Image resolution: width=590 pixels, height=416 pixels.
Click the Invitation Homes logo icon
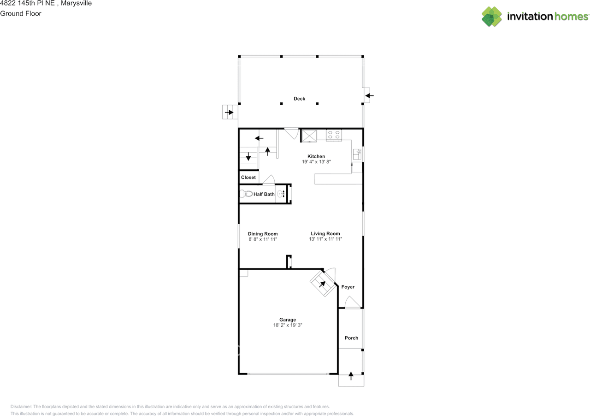pos(491,17)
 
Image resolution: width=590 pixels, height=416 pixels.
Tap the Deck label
pos(300,99)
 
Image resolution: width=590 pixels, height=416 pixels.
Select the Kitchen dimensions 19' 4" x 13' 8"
pos(316,162)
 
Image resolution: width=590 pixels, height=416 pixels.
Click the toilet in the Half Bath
pos(247,194)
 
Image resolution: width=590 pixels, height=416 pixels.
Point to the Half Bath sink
pos(281,194)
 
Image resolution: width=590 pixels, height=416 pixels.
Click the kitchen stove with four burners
pos(334,135)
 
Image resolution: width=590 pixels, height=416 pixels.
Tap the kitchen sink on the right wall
pos(357,154)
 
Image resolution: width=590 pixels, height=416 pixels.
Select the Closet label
pos(248,178)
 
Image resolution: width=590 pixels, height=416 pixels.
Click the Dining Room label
pos(263,234)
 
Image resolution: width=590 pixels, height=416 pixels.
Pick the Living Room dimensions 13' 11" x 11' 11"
pos(325,239)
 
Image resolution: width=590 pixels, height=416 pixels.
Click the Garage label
pos(288,320)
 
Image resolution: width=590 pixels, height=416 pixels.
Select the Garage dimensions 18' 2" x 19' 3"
pos(288,325)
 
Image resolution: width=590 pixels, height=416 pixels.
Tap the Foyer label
pos(348,287)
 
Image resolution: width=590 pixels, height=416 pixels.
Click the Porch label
pos(351,338)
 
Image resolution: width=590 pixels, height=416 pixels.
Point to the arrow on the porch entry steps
pos(351,376)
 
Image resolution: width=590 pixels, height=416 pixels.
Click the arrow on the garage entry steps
pos(322,284)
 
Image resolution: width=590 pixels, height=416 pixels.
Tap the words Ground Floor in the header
pos(21,13)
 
